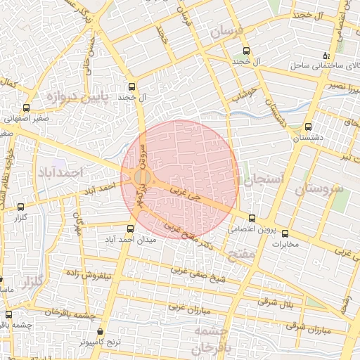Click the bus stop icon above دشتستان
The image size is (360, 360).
pos(309,127)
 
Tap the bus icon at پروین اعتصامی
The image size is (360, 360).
pos(252,217)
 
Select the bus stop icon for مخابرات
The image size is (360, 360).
pos(285,233)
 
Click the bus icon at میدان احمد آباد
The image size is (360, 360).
pos(130,229)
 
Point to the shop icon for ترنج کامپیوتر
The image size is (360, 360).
pos(100,331)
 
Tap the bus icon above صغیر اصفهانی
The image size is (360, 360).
pos(26,108)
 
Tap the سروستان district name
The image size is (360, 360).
pos(316,190)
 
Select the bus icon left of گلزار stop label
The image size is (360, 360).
pos(20,207)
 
